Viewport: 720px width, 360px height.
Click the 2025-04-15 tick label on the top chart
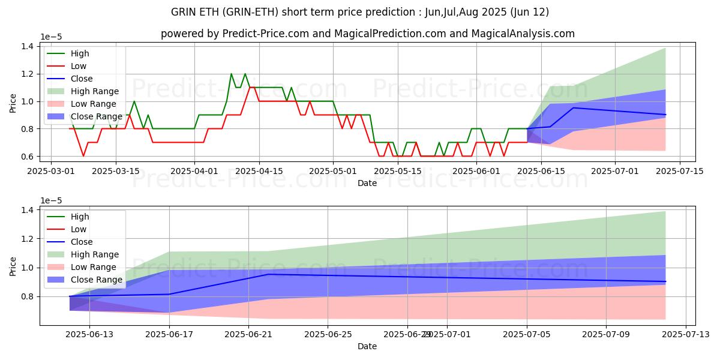pos(259,171)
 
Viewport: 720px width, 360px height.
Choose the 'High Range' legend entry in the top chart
pos(95,91)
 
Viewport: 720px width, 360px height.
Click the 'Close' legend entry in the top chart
pos(82,79)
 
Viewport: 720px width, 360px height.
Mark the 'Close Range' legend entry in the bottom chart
pos(97,280)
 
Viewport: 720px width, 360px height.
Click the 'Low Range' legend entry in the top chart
pos(94,104)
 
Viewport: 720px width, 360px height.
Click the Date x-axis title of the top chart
pos(367,183)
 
